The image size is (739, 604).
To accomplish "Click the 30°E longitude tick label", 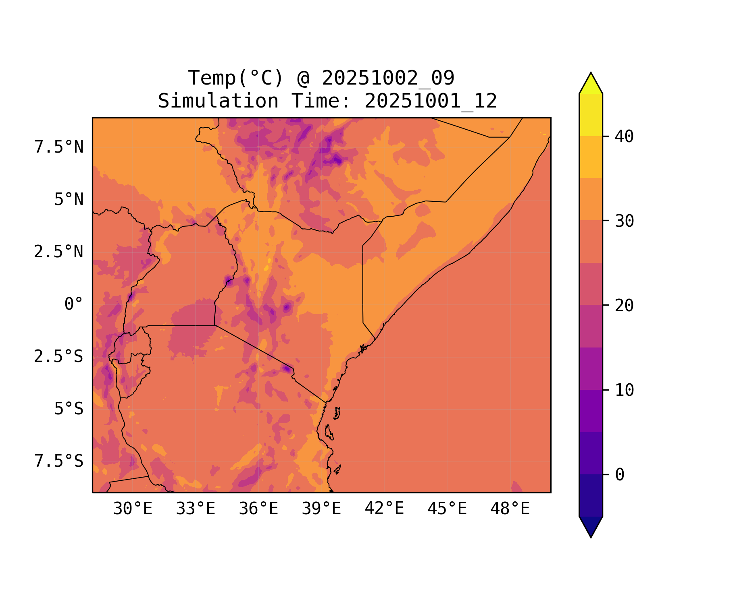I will (x=133, y=509).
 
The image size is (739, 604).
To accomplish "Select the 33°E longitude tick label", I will (x=196, y=509).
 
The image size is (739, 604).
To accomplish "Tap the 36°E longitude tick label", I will (x=258, y=509).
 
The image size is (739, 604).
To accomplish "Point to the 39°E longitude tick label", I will (x=321, y=509).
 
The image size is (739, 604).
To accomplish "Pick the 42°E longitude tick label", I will (x=384, y=509).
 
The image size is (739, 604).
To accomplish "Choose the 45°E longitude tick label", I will (x=447, y=509).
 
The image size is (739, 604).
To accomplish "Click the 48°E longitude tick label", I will (x=510, y=509).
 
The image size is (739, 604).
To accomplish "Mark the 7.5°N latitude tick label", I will (x=59, y=147).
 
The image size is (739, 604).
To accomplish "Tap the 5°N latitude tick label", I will (x=69, y=200).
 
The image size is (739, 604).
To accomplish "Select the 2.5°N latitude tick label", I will (x=59, y=252).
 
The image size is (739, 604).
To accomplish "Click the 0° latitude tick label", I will (x=74, y=304).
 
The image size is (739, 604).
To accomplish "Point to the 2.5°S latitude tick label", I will (x=59, y=356).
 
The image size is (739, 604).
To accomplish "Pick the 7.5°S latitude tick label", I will (x=59, y=461).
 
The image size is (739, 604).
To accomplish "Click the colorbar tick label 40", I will (x=624, y=137).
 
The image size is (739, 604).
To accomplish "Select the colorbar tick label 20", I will (x=624, y=306).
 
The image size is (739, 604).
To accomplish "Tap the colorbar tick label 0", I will (x=620, y=475).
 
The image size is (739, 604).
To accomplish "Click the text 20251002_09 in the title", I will (x=388, y=78).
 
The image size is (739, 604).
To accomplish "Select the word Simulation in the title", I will (x=218, y=101).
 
